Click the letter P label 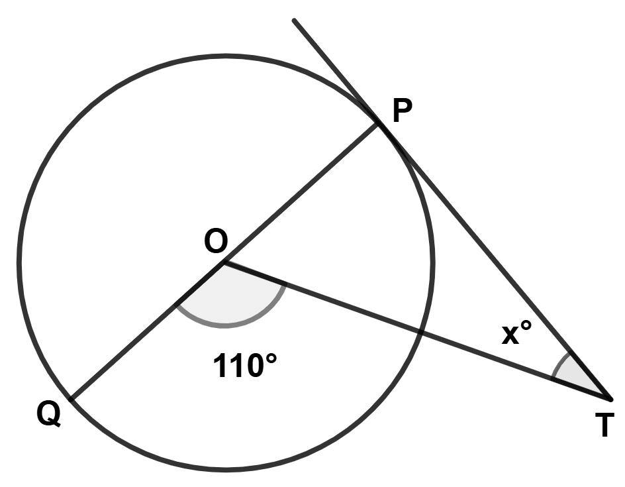tap(402, 111)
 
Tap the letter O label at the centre tap(216, 241)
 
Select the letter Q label tap(49, 414)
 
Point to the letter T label tap(604, 425)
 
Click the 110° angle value tap(245, 365)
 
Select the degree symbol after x tap(526, 325)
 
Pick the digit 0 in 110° tap(253, 366)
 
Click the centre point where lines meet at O tap(224, 262)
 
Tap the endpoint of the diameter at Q tap(70, 399)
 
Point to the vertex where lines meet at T tap(610, 398)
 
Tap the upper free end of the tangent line tap(294, 21)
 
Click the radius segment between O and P tap(301, 193)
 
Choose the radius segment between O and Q tap(147, 331)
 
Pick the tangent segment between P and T tap(495, 261)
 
